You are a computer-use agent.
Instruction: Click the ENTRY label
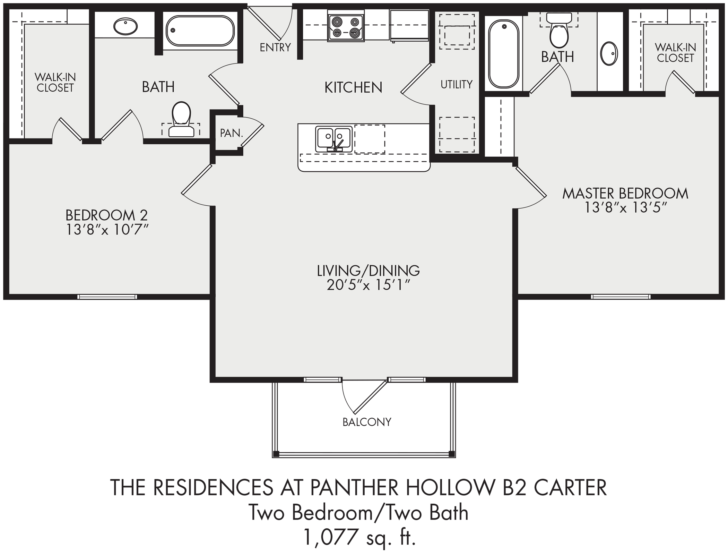(275, 47)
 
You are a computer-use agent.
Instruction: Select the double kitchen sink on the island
(334, 139)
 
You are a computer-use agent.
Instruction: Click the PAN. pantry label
(231, 133)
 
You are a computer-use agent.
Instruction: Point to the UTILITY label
(457, 84)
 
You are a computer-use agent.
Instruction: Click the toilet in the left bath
(181, 119)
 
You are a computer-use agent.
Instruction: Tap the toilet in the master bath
(559, 30)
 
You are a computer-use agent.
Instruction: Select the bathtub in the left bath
(200, 31)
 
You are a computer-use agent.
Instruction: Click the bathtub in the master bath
(504, 54)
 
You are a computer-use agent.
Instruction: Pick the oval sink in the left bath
(125, 26)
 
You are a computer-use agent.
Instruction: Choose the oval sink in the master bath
(609, 54)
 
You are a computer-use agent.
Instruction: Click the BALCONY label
(367, 422)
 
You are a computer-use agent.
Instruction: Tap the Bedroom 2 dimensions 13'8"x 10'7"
(107, 230)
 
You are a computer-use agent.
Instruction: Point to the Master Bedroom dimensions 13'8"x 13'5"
(625, 207)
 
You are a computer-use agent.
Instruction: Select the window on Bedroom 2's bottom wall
(107, 297)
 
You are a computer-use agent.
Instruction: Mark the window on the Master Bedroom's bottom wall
(621, 297)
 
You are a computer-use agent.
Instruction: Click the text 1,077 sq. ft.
(359, 537)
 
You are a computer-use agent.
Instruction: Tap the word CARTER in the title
(570, 487)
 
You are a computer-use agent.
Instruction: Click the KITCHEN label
(353, 87)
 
